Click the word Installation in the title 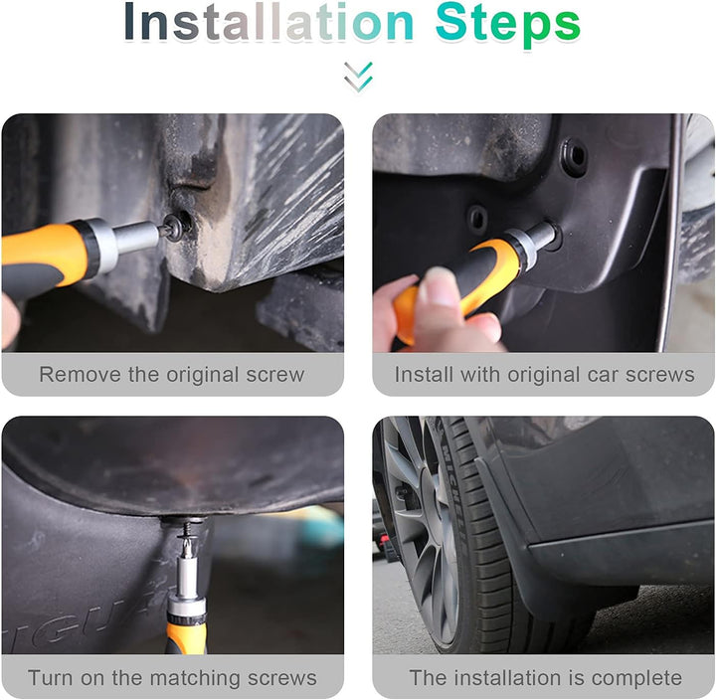pos(268,22)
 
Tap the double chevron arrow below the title pos(358,77)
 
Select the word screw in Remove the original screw pos(274,375)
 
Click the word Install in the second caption pos(425,375)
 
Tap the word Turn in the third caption pos(50,677)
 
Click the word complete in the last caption pos(636,678)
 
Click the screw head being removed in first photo pos(173,227)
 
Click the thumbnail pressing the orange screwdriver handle pos(439,286)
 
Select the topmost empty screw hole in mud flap pos(575,155)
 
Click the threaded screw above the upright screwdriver pos(186,534)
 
